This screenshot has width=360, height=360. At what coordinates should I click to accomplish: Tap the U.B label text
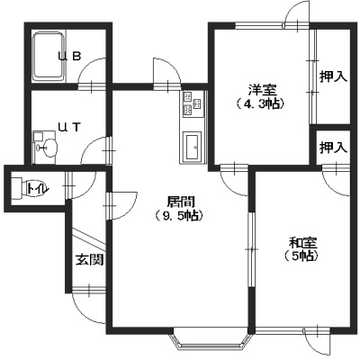[69, 56]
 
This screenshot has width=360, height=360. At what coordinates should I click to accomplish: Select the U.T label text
[69, 128]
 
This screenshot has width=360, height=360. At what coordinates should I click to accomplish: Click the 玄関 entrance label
[89, 260]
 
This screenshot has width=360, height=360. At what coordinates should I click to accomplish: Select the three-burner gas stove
[193, 103]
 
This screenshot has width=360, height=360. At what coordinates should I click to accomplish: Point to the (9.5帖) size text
[179, 215]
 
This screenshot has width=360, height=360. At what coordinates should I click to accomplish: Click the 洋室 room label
[262, 90]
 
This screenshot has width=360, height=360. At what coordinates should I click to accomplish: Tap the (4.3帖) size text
[260, 103]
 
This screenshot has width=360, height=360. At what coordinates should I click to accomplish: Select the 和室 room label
[303, 242]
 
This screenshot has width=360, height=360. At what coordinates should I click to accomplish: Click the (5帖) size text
[301, 256]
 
